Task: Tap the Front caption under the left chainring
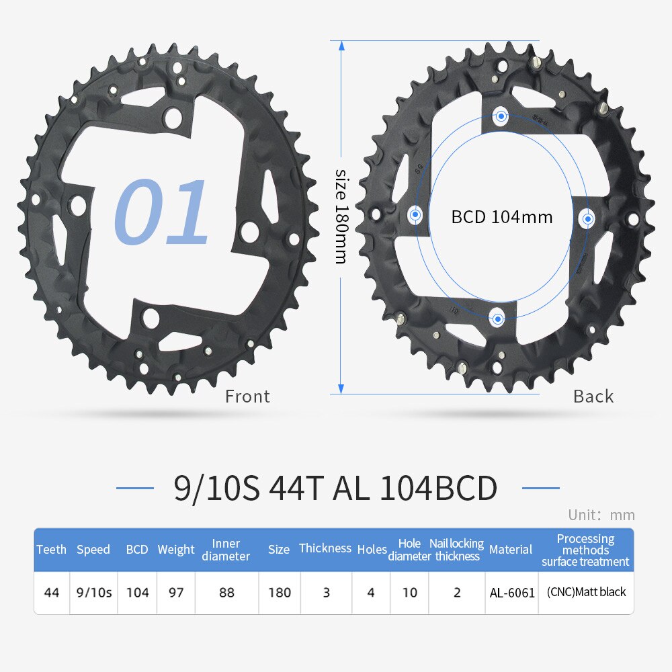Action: coord(247,396)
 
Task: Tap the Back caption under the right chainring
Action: coord(593,396)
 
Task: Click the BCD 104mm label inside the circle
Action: coord(501,217)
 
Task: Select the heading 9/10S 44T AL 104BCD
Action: coord(336,489)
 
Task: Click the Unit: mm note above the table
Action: coord(601,515)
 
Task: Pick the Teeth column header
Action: coord(52,549)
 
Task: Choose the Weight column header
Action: coord(176,550)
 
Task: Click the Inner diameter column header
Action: coord(226,550)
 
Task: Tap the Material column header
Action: coord(511,550)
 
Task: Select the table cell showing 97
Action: coord(176,593)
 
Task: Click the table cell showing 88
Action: coord(226,593)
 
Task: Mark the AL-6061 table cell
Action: coord(512,593)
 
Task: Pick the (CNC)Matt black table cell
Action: coord(586,592)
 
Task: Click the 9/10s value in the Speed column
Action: coord(94,593)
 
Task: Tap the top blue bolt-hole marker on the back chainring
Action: coord(500,116)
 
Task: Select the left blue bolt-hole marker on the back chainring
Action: coord(415,215)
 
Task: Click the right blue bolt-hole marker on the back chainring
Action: coord(588,218)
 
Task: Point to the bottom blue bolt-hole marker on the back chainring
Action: coord(497,317)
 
